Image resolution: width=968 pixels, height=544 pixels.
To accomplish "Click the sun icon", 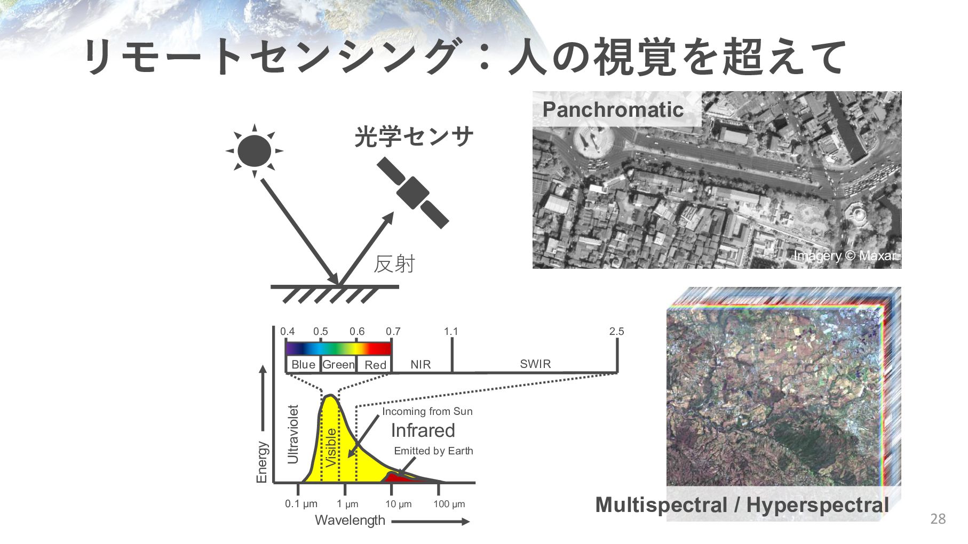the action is pyautogui.click(x=254, y=150).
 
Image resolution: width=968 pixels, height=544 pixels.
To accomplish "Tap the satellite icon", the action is pyautogui.click(x=412, y=192).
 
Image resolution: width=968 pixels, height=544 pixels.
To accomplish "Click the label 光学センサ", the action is pyautogui.click(x=414, y=137).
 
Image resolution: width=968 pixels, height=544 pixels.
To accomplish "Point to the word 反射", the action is pyautogui.click(x=394, y=264).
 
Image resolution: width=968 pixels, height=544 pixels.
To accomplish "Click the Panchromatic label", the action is pyautogui.click(x=613, y=110).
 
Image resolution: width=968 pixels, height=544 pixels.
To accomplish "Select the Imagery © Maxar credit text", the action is pyautogui.click(x=845, y=256).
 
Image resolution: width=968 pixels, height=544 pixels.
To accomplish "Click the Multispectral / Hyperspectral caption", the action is pyautogui.click(x=742, y=505).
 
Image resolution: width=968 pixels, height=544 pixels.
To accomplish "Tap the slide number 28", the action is pyautogui.click(x=938, y=518).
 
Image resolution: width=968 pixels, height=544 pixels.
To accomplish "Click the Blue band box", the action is pyautogui.click(x=303, y=365).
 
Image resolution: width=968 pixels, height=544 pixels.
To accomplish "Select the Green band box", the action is pyautogui.click(x=338, y=365).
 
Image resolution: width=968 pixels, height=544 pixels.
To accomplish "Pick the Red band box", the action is pyautogui.click(x=375, y=365).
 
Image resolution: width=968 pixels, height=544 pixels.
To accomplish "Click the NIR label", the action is pyautogui.click(x=420, y=365).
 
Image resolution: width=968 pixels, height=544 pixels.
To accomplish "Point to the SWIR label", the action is pyautogui.click(x=535, y=364).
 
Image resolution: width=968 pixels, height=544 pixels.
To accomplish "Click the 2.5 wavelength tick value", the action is pyautogui.click(x=616, y=331).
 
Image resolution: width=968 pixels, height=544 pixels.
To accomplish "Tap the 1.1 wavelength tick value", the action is pyautogui.click(x=451, y=331).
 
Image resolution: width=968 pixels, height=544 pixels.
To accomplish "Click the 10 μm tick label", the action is pyautogui.click(x=399, y=504).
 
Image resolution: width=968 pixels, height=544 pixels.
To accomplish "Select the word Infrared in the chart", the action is pyautogui.click(x=423, y=430).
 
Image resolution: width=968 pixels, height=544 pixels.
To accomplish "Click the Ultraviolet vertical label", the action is pyautogui.click(x=293, y=434).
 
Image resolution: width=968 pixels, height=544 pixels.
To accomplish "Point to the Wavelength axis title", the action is pyautogui.click(x=350, y=520).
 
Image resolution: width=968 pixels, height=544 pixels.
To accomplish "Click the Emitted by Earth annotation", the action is pyautogui.click(x=433, y=451).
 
